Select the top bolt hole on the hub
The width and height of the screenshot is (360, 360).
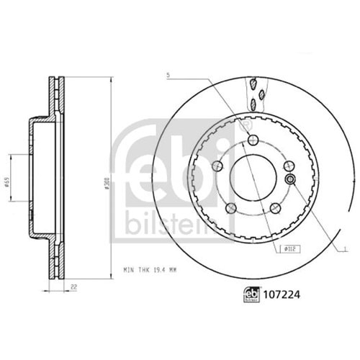(250, 140)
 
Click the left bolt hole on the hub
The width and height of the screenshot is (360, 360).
(216, 167)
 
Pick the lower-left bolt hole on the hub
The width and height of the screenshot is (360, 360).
(230, 208)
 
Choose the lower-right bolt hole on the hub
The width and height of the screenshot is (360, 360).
(274, 208)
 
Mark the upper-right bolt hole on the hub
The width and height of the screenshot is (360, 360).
(287, 167)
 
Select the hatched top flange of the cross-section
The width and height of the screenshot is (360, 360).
(55, 94)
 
